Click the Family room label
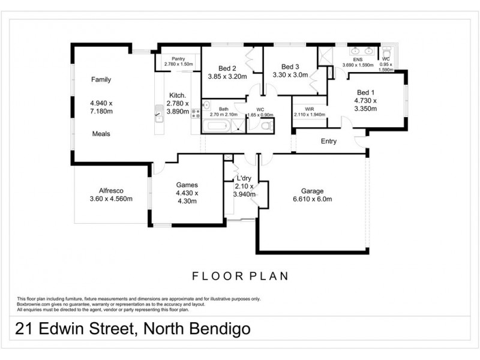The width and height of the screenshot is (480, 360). (x=101, y=79)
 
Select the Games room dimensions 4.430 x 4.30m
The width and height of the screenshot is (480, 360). (x=187, y=197)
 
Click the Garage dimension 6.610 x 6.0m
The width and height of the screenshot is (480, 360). (x=313, y=199)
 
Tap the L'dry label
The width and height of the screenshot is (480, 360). (x=244, y=179)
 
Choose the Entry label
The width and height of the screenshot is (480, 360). (x=329, y=142)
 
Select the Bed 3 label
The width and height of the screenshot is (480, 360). (x=290, y=67)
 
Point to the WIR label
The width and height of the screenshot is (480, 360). (x=310, y=109)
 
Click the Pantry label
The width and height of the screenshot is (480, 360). (x=178, y=58)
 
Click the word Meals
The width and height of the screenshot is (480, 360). (x=101, y=134)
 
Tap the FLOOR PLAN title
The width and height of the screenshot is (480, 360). (x=240, y=276)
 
